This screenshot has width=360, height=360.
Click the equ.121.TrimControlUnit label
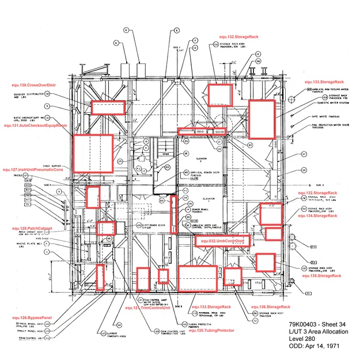coord(148,308)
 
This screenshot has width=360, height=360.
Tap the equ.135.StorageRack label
coord(325,276)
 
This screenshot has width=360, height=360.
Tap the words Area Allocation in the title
coord(331,332)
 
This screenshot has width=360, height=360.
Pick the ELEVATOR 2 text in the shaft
coord(201,158)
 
